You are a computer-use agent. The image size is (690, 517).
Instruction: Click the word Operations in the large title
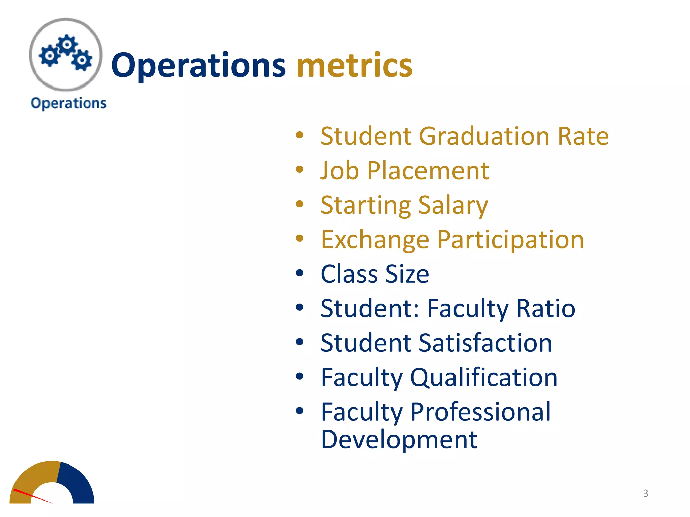click(x=198, y=66)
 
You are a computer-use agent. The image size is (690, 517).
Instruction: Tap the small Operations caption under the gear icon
click(x=68, y=103)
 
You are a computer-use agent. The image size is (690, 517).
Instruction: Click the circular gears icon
click(x=66, y=54)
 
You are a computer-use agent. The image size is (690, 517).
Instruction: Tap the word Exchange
click(x=375, y=240)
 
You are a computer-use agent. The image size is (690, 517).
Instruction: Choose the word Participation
click(x=510, y=240)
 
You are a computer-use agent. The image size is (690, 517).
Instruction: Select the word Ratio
click(x=545, y=308)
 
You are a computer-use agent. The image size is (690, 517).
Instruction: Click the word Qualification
click(x=483, y=378)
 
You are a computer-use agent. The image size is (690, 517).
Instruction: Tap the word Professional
click(x=480, y=412)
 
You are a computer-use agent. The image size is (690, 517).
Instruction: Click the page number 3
click(x=645, y=493)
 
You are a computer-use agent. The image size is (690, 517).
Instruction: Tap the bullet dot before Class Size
click(x=300, y=273)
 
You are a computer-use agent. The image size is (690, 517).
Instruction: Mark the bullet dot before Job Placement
click(x=300, y=169)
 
